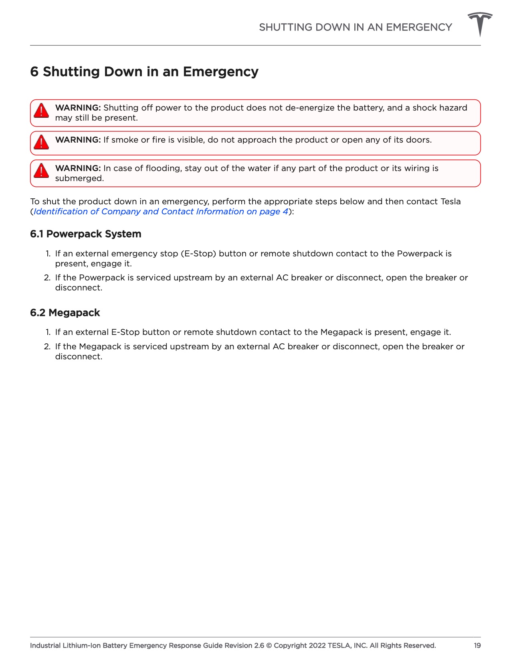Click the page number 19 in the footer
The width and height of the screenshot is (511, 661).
[x=477, y=645]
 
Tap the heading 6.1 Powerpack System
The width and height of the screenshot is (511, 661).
[x=85, y=234]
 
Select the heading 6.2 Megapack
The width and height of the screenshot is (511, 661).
[x=65, y=312]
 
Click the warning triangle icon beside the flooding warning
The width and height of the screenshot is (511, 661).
[x=41, y=171]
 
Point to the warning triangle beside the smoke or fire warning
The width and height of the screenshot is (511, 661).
[x=41, y=142]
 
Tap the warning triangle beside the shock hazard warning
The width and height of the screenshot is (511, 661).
[x=41, y=111]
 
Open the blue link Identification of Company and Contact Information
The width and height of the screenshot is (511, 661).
[x=160, y=212]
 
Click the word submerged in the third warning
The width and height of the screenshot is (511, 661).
[x=79, y=178]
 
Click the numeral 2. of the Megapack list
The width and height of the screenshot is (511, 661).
[x=47, y=347]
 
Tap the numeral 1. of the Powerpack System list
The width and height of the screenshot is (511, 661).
[x=48, y=254]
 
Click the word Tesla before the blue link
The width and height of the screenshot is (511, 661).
[x=450, y=202]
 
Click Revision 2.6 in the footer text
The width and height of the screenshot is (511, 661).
[x=244, y=645]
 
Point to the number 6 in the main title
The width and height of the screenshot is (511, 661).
[x=34, y=72]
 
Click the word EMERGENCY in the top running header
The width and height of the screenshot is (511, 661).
[x=419, y=27]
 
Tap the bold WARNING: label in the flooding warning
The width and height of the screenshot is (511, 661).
[x=78, y=168]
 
